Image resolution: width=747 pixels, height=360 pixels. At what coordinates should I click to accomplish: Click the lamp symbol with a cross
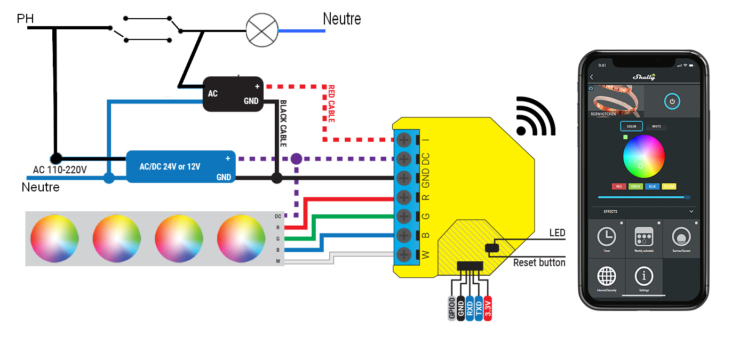pyautogui.click(x=261, y=30)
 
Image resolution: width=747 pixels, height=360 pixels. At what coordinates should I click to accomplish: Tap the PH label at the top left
pyautogui.click(x=25, y=19)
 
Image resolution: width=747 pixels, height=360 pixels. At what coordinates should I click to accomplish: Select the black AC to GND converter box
pyautogui.click(x=233, y=94)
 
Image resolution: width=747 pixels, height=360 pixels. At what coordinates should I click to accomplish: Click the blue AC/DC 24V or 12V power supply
pyautogui.click(x=181, y=166)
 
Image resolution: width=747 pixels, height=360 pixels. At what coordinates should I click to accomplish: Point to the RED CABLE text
pyautogui.click(x=331, y=104)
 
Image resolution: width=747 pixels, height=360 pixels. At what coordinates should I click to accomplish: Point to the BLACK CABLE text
pyautogui.click(x=283, y=123)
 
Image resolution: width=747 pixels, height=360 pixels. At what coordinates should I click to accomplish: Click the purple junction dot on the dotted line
pyautogui.click(x=296, y=159)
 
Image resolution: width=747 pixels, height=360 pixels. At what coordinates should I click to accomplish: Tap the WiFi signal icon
pyautogui.click(x=535, y=117)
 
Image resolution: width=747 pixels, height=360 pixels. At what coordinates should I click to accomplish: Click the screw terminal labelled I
pyautogui.click(x=404, y=140)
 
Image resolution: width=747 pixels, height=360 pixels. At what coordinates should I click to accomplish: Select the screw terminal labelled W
pyautogui.click(x=404, y=254)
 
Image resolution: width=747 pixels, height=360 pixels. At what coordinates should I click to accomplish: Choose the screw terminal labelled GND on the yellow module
pyautogui.click(x=404, y=178)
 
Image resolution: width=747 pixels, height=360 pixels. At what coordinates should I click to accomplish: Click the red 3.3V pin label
pyautogui.click(x=488, y=308)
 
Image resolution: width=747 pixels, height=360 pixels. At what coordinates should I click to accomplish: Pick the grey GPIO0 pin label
pyautogui.click(x=452, y=308)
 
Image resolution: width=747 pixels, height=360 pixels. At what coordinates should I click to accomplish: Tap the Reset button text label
pyautogui.click(x=539, y=263)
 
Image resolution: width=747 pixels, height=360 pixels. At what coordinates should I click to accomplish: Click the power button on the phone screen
pyautogui.click(x=672, y=101)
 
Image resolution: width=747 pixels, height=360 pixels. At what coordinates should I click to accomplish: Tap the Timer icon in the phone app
pyautogui.click(x=606, y=237)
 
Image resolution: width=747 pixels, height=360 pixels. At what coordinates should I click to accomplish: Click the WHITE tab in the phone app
pyautogui.click(x=656, y=126)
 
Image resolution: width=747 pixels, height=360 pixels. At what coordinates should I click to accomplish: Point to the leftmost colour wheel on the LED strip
pyautogui.click(x=54, y=238)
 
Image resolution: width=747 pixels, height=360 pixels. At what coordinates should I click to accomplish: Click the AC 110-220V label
pyautogui.click(x=60, y=170)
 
